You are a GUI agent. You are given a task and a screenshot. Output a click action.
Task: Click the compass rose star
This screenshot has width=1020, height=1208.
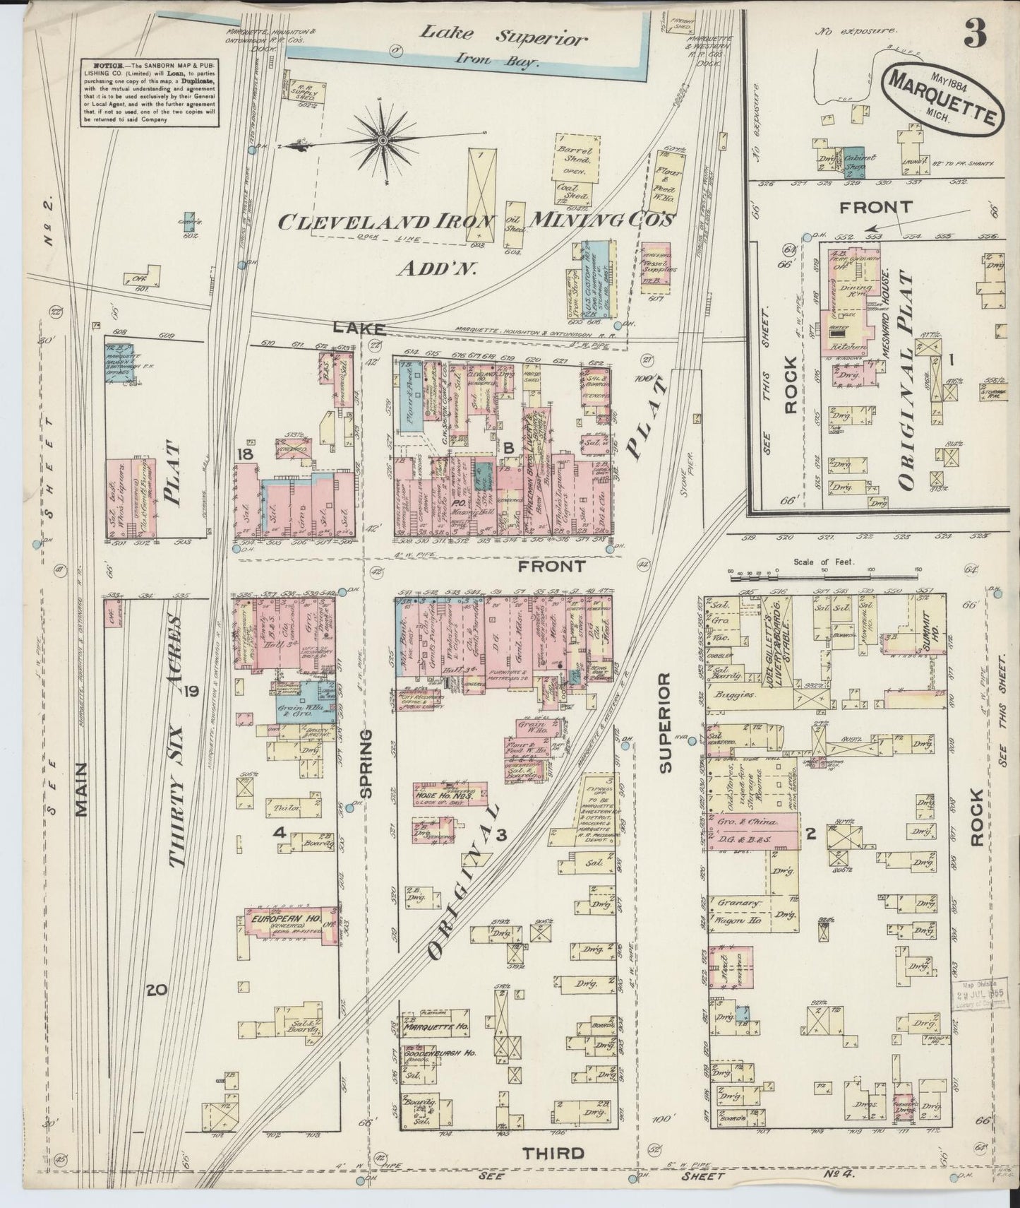pyautogui.click(x=383, y=141)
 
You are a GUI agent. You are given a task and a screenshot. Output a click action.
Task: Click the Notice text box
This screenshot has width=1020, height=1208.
pyautogui.click(x=148, y=93)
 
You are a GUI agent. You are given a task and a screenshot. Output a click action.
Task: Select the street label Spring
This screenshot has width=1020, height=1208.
pyautogui.click(x=365, y=764)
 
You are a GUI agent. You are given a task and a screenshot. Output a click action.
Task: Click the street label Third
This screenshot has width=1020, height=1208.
pyautogui.click(x=553, y=1154)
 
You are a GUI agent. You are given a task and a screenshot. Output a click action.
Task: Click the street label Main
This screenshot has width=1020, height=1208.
pyautogui.click(x=81, y=789)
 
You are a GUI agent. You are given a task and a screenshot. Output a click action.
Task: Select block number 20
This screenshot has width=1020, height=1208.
pyautogui.click(x=156, y=991)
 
